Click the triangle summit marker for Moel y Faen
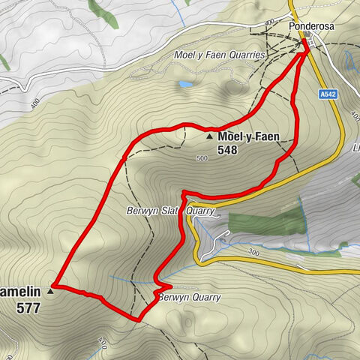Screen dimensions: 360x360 [x=209, y=137]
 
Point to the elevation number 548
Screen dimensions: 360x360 [x=228, y=150]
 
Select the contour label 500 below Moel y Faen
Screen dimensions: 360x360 [x=200, y=159]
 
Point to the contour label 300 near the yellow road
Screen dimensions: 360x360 [x=254, y=254]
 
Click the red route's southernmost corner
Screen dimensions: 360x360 [x=138, y=319]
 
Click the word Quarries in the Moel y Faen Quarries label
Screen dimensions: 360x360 [x=247, y=55]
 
